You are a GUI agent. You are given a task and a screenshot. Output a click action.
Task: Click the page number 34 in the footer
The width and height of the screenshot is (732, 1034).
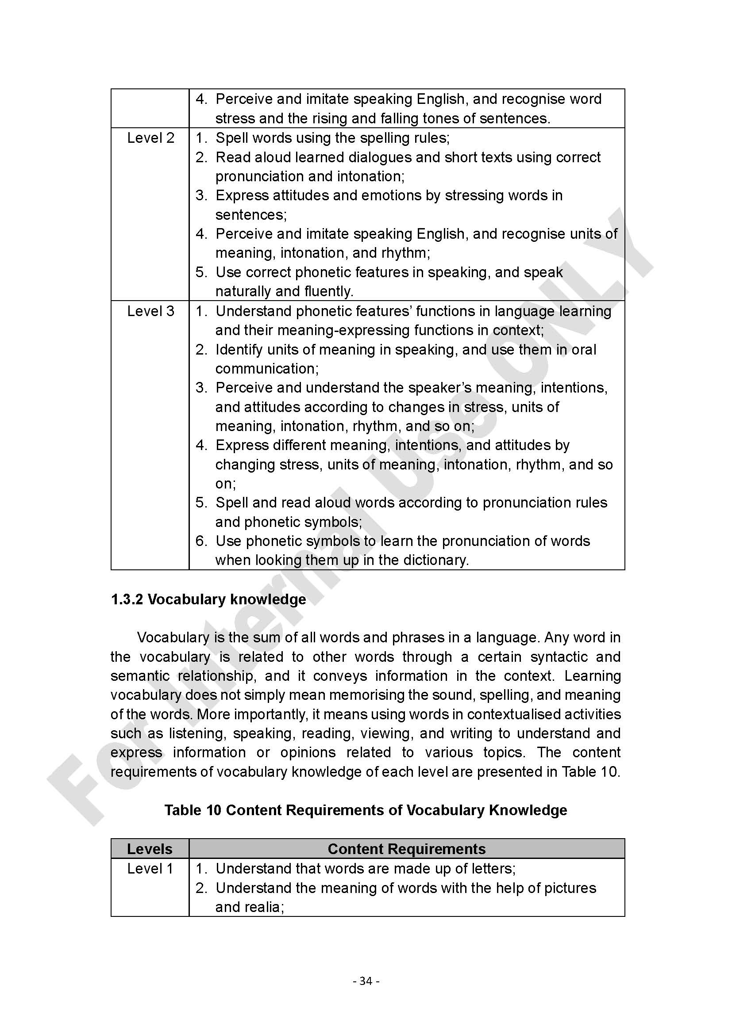pyautogui.click(x=366, y=981)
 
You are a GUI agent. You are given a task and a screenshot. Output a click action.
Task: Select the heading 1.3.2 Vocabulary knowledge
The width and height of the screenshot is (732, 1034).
pyautogui.click(x=208, y=599)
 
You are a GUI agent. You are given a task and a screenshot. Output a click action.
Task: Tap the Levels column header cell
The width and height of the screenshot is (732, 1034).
pyautogui.click(x=150, y=849)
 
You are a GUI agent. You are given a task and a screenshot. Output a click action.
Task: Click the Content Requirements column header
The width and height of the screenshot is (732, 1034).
pyautogui.click(x=406, y=849)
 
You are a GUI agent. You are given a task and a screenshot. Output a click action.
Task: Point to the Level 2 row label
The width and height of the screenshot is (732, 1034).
pyautogui.click(x=150, y=138)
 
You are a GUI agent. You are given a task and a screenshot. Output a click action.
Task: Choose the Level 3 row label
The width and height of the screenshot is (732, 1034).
pyautogui.click(x=150, y=311)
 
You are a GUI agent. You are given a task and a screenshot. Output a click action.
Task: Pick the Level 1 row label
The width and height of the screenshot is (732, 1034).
pyautogui.click(x=150, y=869)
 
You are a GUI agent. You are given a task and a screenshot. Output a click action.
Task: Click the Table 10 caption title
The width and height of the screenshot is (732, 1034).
pyautogui.click(x=366, y=810)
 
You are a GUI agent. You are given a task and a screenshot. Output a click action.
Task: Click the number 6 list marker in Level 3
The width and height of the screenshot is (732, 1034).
pyautogui.click(x=200, y=541)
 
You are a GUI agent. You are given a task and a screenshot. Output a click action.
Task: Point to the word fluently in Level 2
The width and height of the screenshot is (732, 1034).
pyautogui.click(x=328, y=292)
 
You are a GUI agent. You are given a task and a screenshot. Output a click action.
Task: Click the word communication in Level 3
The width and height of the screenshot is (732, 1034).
pyautogui.click(x=267, y=369)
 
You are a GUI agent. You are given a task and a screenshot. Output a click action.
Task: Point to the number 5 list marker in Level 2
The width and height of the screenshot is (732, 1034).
pyautogui.click(x=200, y=272)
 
